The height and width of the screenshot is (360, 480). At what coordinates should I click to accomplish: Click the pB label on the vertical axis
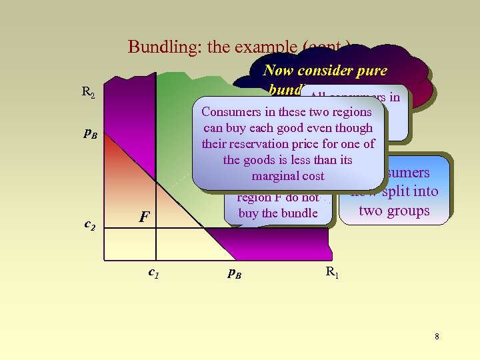pos(90,133)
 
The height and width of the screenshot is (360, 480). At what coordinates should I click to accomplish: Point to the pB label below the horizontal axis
pos(233,273)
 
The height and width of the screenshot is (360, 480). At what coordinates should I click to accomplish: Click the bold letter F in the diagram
pos(143,217)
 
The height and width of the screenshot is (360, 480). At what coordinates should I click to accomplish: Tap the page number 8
pos(437,337)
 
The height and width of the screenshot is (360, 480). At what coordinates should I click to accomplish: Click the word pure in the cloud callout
pos(371,70)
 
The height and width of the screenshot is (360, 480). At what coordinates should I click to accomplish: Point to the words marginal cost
pos(288,176)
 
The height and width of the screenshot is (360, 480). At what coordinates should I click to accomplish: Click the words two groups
pos(394,211)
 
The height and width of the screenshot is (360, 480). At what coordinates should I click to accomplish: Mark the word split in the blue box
pos(389,191)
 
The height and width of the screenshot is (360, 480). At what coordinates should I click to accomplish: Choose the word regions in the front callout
pos(349,112)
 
